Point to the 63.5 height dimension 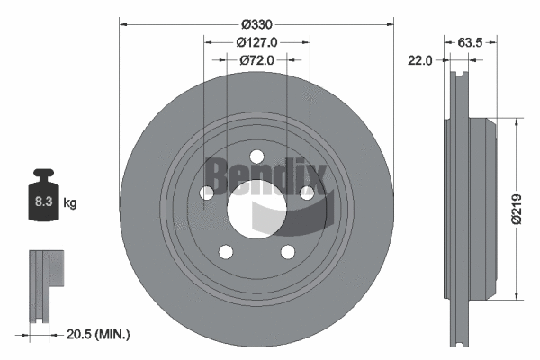[x=472, y=41]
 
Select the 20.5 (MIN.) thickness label [x=100, y=334]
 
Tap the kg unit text [x=70, y=203]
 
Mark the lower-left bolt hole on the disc [x=226, y=251]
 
